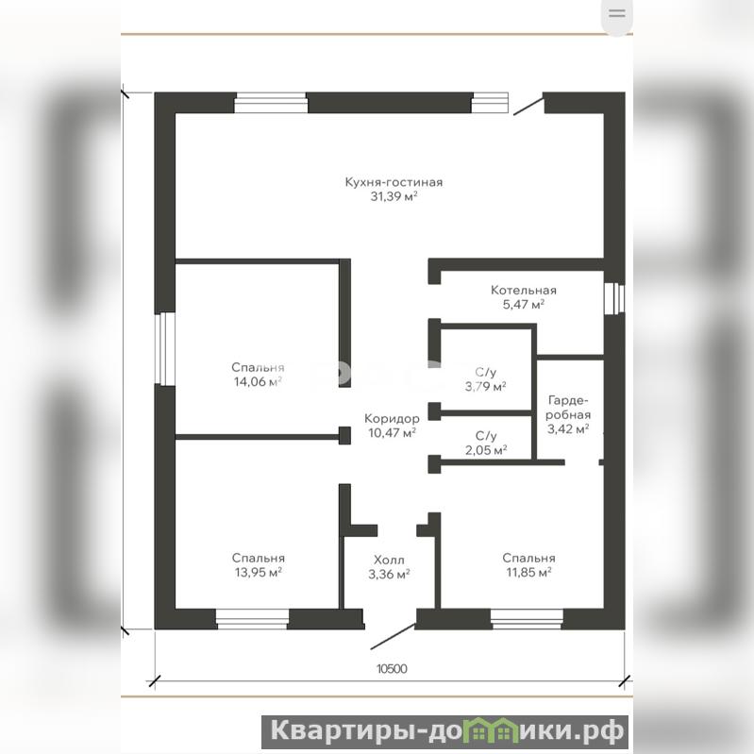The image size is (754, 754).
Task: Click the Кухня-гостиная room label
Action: pyautogui.click(x=394, y=182)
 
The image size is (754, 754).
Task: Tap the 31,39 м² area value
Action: pyautogui.click(x=394, y=196)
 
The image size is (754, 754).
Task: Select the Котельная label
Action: pyautogui.click(x=524, y=291)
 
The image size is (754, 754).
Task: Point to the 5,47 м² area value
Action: pyautogui.click(x=523, y=305)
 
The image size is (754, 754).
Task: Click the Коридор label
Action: pyautogui.click(x=392, y=418)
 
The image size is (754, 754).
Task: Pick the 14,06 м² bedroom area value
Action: pyautogui.click(x=258, y=382)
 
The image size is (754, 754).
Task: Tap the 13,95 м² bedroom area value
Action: pyautogui.click(x=259, y=572)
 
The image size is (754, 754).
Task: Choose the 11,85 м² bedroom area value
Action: pyautogui.click(x=528, y=572)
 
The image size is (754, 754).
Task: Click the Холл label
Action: pyautogui.click(x=389, y=561)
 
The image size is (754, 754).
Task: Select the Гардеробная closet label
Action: pyautogui.click(x=568, y=408)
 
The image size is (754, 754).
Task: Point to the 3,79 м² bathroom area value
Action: pyautogui.click(x=485, y=386)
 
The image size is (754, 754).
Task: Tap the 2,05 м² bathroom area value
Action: pyautogui.click(x=486, y=450)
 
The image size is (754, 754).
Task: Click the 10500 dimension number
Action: pyautogui.click(x=392, y=669)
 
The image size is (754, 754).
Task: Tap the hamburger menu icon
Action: pyautogui.click(x=617, y=13)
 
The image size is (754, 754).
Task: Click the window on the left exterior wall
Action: pyautogui.click(x=165, y=349)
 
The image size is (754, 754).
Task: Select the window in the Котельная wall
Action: pyautogui.click(x=614, y=298)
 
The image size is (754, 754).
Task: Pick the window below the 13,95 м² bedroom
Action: pyautogui.click(x=252, y=619)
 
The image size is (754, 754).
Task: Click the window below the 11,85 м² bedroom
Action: pyautogui.click(x=527, y=619)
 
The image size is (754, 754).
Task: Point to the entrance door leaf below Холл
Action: pyautogui.click(x=393, y=637)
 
